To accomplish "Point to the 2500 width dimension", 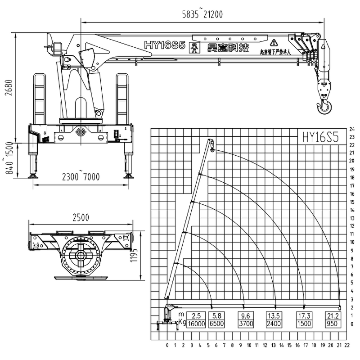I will pyautogui.click(x=81, y=217).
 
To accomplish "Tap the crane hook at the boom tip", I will pyautogui.click(x=325, y=107).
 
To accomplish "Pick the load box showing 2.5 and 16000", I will pyautogui.click(x=196, y=319).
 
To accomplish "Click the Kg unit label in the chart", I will pyautogui.click(x=182, y=323).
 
